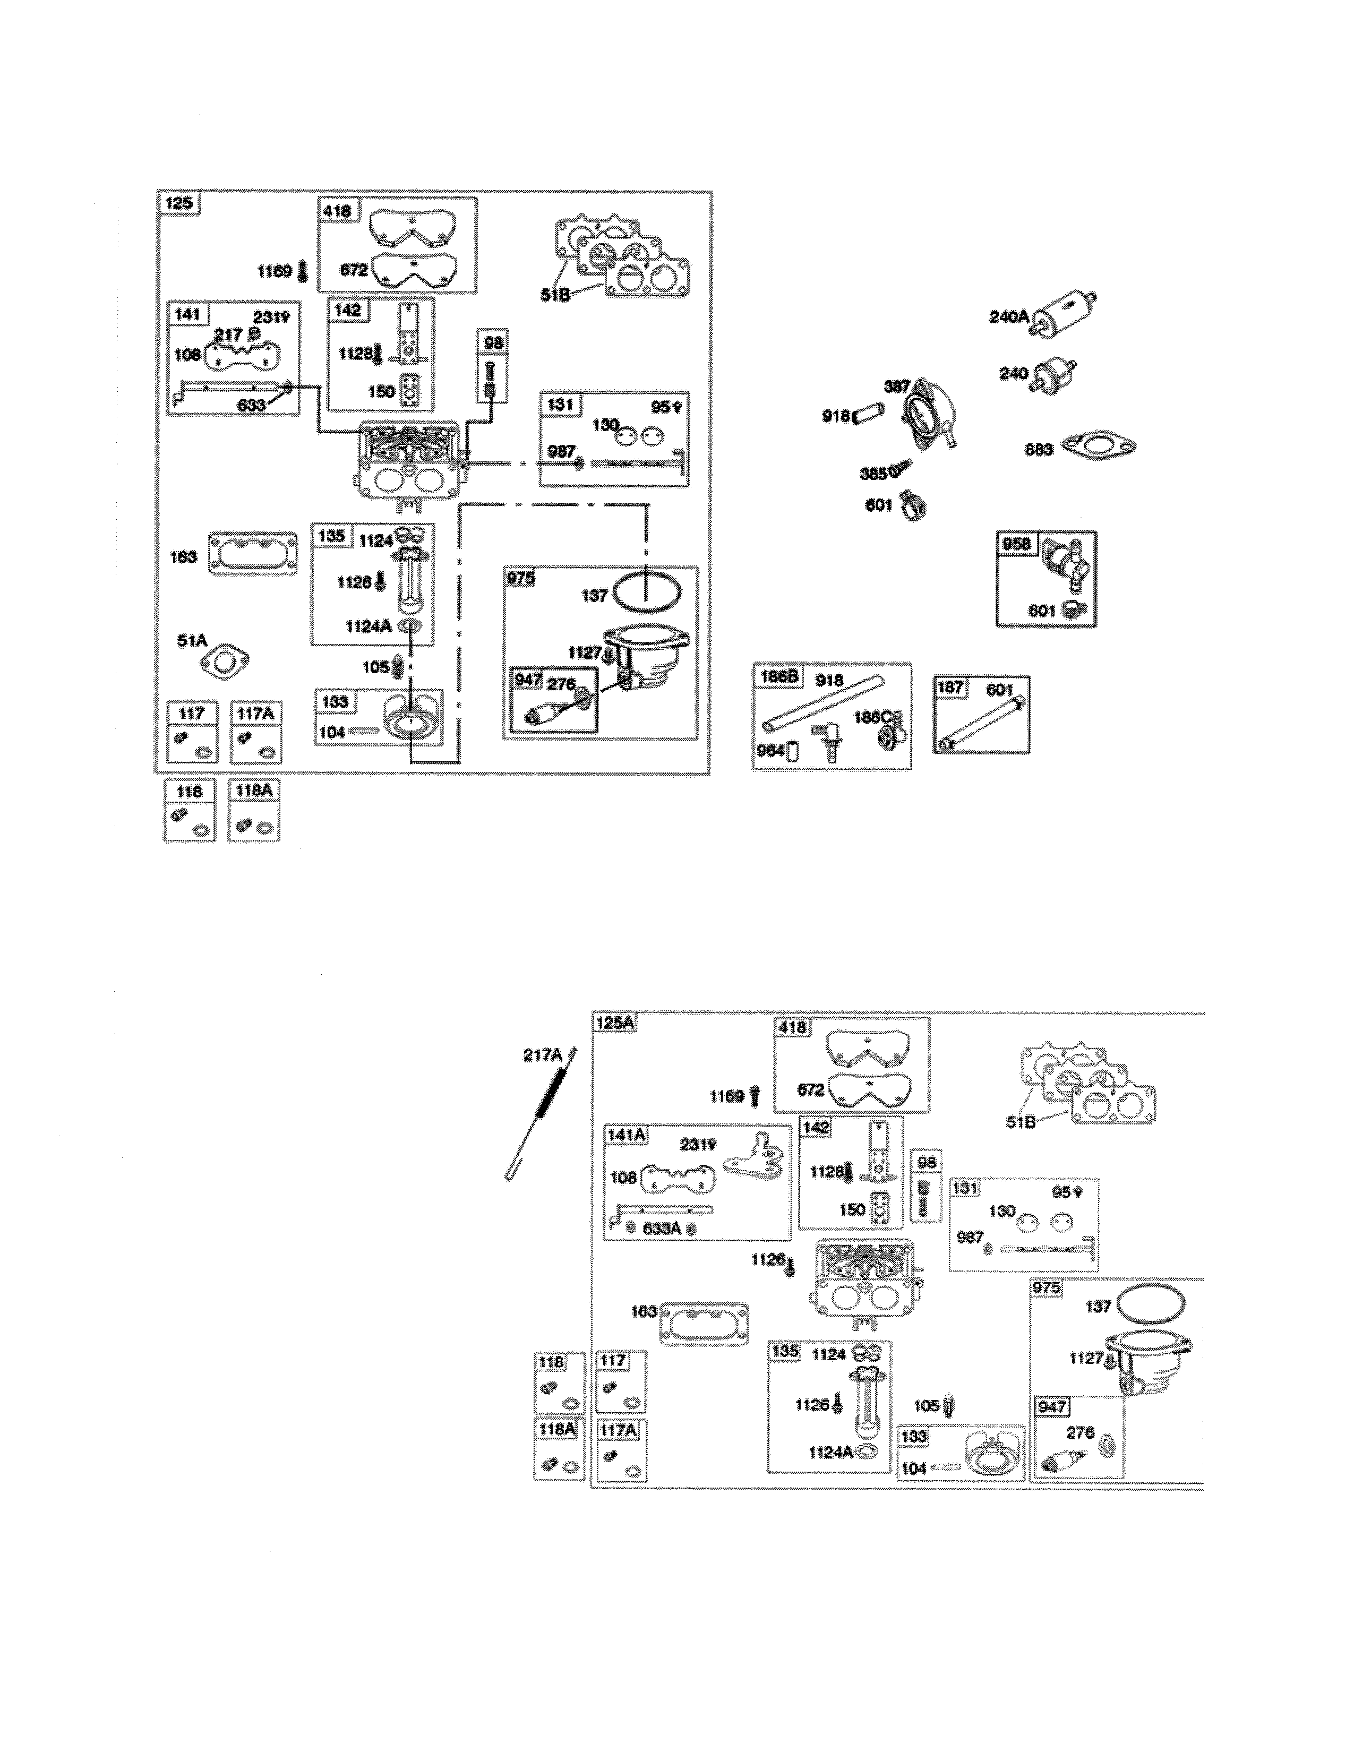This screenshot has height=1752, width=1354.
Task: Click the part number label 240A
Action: coord(1008,317)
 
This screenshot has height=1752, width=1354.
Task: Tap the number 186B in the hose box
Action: coord(778,677)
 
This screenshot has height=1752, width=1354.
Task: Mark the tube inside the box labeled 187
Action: coord(983,722)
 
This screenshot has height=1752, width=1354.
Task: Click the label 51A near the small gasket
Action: coord(193,640)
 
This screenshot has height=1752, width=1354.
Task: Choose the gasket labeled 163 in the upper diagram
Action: coord(253,554)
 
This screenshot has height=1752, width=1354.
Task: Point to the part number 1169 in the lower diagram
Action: coord(727,1097)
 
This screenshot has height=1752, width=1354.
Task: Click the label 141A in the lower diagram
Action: coord(627,1135)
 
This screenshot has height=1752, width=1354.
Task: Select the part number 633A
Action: coord(662,1227)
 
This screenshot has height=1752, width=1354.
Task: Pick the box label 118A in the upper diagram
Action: coord(253,790)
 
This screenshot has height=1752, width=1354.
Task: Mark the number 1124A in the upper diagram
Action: coord(368,626)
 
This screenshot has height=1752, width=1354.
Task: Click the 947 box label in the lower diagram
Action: coord(1051,1406)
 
